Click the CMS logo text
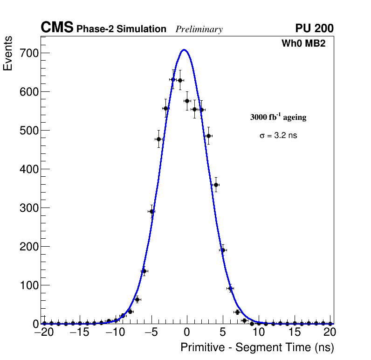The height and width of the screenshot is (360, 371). tap(57, 28)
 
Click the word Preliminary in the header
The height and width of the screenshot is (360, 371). tap(199, 29)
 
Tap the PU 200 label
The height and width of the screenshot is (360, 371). tap(314, 28)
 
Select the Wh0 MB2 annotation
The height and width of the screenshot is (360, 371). tap(303, 44)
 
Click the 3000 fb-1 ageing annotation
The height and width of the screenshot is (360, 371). tap(278, 117)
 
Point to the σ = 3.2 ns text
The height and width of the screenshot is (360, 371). tap(278, 136)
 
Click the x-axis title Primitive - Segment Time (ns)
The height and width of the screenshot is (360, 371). tap(257, 347)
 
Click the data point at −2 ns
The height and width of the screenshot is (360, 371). tap(173, 79)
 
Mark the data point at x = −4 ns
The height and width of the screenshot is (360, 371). tap(158, 139)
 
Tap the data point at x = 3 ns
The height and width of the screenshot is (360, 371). tap(208, 136)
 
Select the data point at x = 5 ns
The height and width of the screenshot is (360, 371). tap(223, 250)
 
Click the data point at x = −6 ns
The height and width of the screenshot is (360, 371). tap(144, 271)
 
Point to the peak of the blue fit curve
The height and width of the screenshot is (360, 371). tap(184, 50)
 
